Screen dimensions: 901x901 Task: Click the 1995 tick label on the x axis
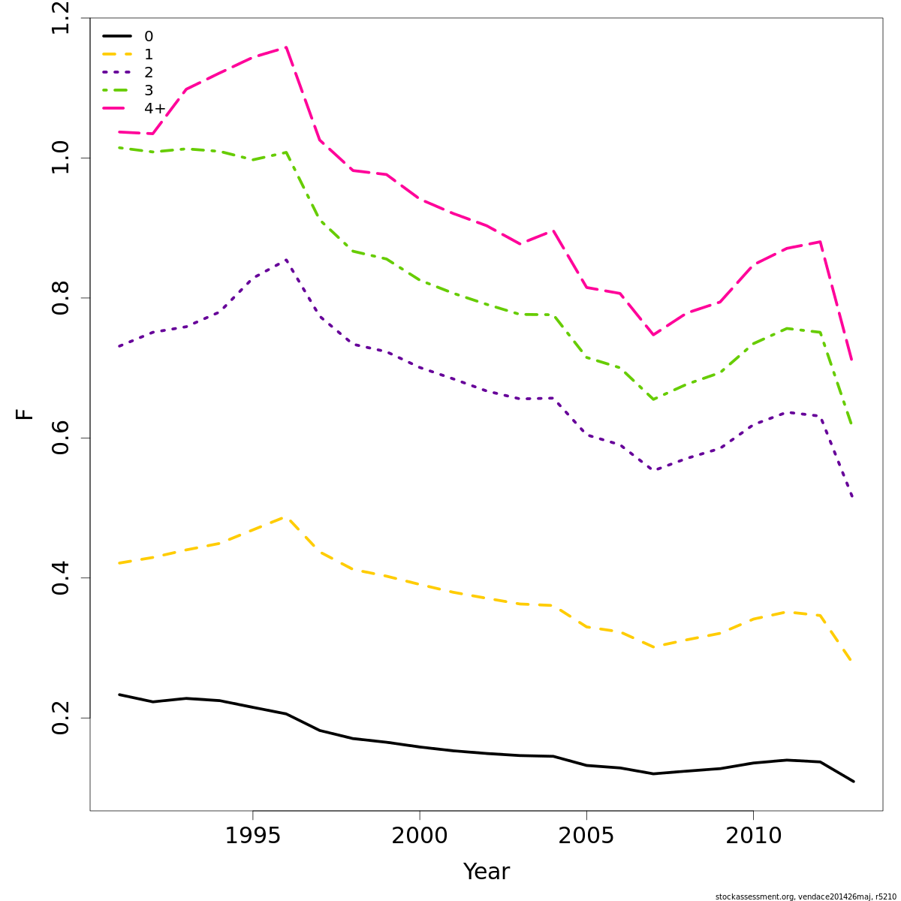253,836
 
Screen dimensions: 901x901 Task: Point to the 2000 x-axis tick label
420,836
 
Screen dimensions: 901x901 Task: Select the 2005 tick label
586,836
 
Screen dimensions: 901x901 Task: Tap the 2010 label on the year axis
753,836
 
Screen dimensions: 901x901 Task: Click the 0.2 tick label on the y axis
62,718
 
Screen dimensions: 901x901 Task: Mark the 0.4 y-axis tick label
62,578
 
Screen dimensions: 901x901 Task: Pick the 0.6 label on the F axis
62,438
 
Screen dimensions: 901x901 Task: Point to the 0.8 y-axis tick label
62,298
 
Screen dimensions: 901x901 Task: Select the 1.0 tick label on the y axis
62,158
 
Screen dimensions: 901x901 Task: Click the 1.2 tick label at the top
62,18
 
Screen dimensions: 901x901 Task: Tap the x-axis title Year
487,872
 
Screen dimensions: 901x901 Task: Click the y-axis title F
25,414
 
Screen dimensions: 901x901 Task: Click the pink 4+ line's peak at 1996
286,47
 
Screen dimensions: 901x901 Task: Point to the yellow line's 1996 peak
286,517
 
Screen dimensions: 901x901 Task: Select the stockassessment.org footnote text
806,896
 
